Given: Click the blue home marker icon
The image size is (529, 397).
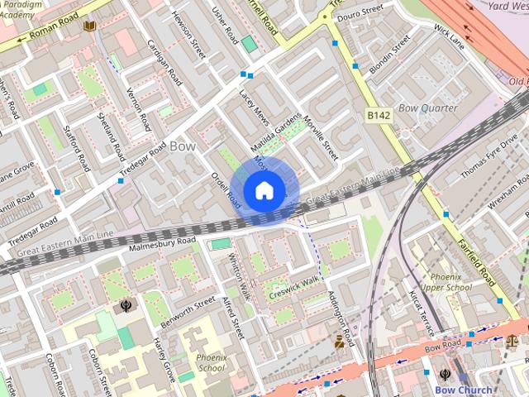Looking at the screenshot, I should tap(264, 190).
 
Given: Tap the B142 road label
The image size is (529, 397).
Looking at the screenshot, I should tap(379, 117).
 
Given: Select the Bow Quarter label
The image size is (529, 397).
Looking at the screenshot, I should tap(427, 108).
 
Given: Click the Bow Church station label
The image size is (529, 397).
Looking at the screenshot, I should tap(463, 390).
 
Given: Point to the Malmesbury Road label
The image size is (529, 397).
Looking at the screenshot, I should tap(162, 242).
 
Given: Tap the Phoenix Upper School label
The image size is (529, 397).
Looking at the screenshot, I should tap(446, 282).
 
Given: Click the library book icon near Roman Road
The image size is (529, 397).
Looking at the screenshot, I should tap(89, 26).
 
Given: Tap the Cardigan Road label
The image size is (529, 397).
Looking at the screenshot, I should tap(163, 62).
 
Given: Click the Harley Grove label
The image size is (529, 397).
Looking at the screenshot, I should tap(164, 359).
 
